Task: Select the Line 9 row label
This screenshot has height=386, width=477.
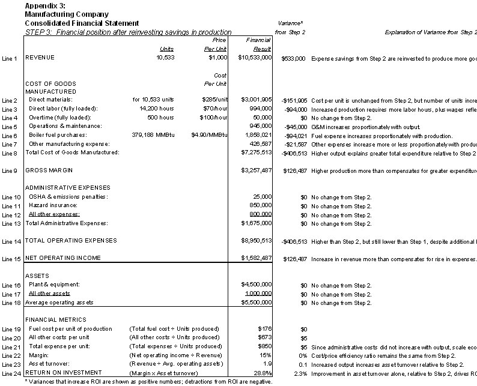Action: pos(10,171)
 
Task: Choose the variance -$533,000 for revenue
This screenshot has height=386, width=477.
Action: pos(293,58)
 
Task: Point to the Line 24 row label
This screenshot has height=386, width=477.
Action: pos(10,373)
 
